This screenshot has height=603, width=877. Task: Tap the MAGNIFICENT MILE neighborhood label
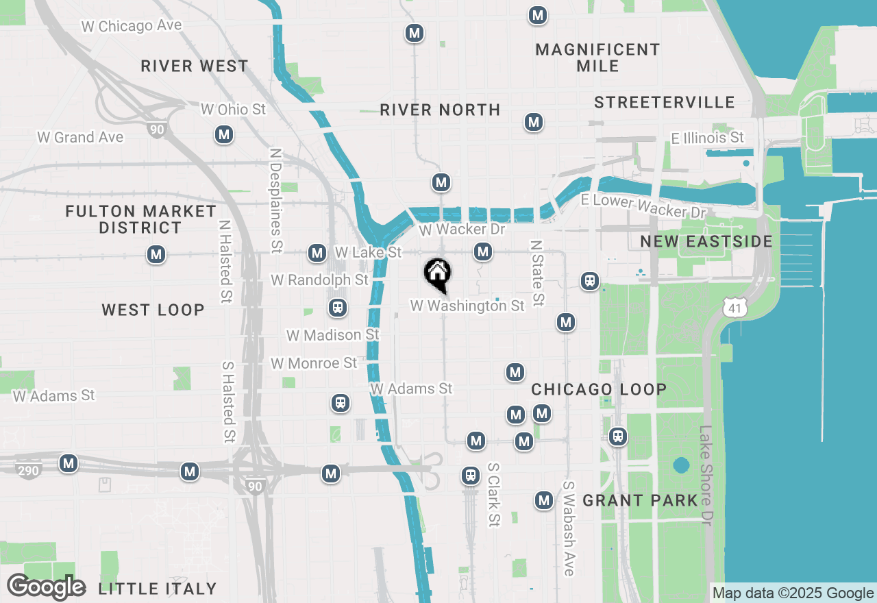597,58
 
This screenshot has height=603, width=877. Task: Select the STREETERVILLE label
664,102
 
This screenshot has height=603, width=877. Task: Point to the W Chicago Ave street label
132,26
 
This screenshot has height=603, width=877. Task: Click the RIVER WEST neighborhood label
195,66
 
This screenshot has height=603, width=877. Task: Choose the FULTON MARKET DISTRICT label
140,219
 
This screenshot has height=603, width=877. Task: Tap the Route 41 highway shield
734,308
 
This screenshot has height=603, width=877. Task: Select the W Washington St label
467,306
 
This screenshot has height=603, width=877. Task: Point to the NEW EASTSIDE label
706,241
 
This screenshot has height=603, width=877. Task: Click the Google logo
46,587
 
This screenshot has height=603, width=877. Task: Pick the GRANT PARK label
640,501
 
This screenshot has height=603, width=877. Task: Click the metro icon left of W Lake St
317,253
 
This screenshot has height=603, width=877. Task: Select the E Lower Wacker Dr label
643,206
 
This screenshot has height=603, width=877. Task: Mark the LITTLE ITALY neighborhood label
158,589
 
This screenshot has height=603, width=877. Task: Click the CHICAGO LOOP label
599,389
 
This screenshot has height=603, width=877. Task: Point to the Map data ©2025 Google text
793,593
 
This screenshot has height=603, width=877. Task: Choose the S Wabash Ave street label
569,528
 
